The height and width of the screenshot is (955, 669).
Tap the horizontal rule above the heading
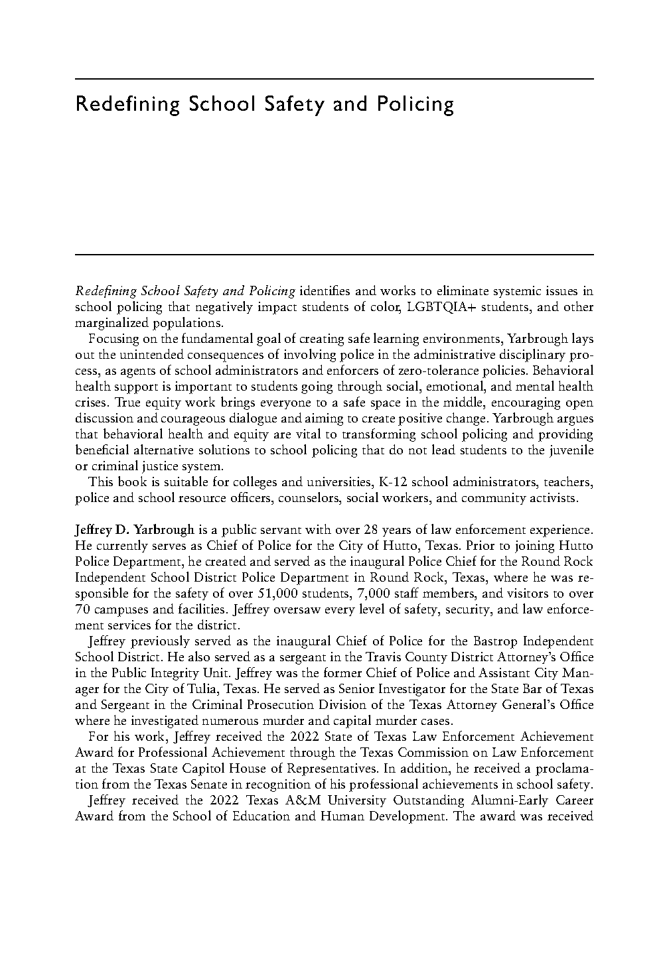(334, 80)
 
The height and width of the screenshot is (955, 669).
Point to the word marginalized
(110, 323)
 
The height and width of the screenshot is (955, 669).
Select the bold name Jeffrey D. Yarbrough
(135, 530)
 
